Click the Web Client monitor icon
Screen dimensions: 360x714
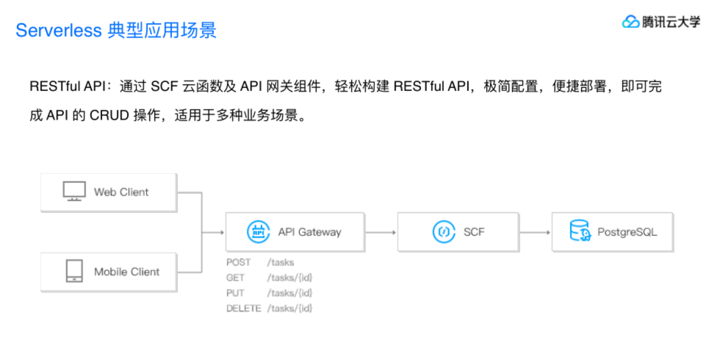pos(74,192)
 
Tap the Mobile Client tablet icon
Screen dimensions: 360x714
pos(74,271)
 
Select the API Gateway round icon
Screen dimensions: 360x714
pos(258,232)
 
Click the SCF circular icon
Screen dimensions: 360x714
pos(444,232)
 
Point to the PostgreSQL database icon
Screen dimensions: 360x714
pos(580,231)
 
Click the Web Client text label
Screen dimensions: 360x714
pos(121,192)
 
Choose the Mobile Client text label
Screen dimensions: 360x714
pos(127,272)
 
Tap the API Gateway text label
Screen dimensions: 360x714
pos(309,232)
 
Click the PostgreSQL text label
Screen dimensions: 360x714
pos(627,232)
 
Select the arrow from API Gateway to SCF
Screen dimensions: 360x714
pos(381,232)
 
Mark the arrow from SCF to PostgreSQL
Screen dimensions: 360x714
pos(535,232)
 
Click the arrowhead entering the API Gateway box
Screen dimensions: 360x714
pos(221,232)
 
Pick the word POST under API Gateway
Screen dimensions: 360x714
pos(238,263)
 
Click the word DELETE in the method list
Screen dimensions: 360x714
pos(243,309)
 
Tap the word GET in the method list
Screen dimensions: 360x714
pos(235,278)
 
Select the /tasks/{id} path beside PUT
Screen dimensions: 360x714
pos(289,293)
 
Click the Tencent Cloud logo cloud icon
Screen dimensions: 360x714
pos(631,22)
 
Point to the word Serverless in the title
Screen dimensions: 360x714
pos(58,30)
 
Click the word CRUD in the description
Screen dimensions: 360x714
pos(109,116)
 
